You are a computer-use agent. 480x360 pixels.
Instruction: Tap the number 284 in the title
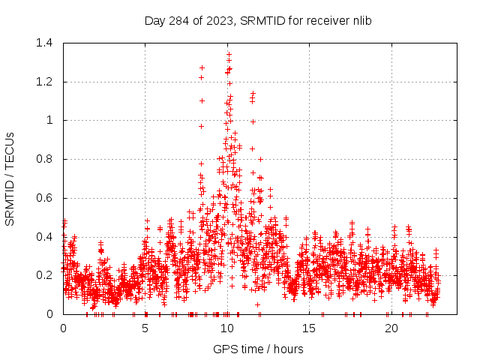(x=178, y=20)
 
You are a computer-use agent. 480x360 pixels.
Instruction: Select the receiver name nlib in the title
(x=360, y=20)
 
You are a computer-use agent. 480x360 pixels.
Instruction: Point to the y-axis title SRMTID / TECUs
(x=10, y=178)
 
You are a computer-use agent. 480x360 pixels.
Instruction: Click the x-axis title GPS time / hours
(x=258, y=349)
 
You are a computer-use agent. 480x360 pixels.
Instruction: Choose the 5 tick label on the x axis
(x=145, y=328)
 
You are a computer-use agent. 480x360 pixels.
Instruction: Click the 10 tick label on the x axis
(x=227, y=328)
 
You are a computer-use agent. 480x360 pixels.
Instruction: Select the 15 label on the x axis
(x=310, y=328)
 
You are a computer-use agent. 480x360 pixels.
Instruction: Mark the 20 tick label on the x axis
(x=391, y=328)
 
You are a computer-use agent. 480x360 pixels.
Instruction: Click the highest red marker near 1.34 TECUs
(x=229, y=54)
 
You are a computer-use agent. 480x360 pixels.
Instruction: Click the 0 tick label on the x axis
(x=63, y=328)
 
